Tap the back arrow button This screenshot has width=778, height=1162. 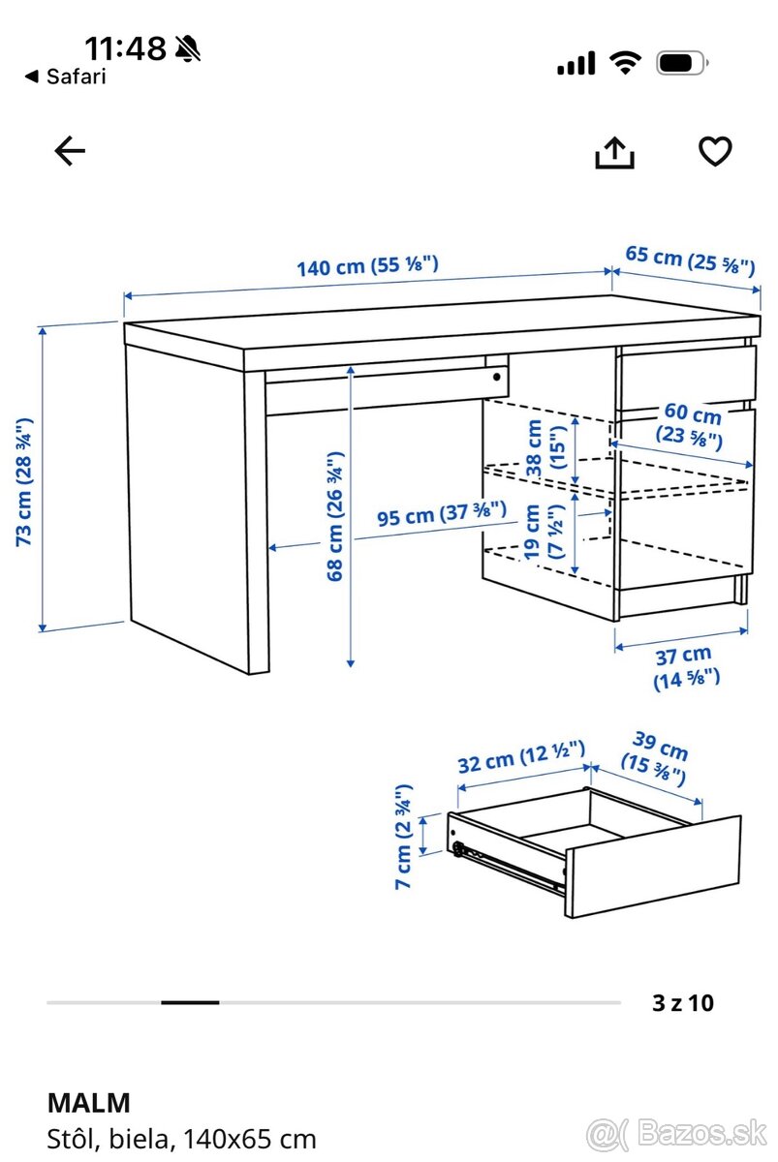coord(70,151)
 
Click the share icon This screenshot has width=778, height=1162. coord(614,151)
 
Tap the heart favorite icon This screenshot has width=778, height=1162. coord(715,151)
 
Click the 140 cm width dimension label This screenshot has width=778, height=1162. coord(367,266)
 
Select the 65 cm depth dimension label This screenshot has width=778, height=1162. coord(690,260)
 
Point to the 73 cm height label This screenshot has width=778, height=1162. coord(25,481)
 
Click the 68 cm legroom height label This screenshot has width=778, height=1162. coord(334,515)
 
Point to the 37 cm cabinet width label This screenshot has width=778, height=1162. coord(684,666)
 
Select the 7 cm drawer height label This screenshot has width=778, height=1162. coord(405,838)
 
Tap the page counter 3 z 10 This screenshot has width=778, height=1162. coord(683,1002)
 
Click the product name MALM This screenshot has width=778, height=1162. coord(88,1102)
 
